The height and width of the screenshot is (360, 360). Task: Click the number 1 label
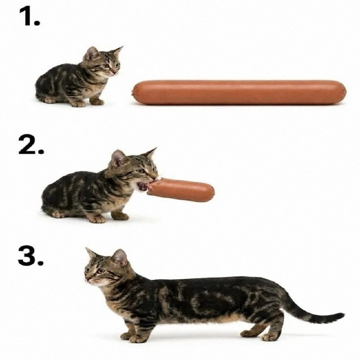pyautogui.click(x=29, y=16)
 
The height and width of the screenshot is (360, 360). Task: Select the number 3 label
pyautogui.click(x=31, y=256)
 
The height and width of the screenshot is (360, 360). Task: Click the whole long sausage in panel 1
pyautogui.click(x=239, y=93)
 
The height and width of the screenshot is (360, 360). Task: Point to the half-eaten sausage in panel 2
pyautogui.click(x=181, y=190)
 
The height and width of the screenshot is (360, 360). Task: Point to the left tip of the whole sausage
pyautogui.click(x=132, y=93)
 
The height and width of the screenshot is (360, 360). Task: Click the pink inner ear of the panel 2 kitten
pyautogui.click(x=118, y=158)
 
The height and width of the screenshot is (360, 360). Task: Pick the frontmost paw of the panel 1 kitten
pyautogui.click(x=96, y=102)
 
